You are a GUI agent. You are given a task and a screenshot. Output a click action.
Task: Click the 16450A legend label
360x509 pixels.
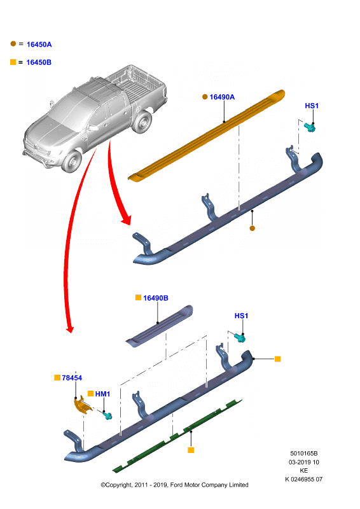(x=39, y=45)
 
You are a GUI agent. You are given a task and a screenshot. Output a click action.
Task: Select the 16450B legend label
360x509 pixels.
(x=39, y=62)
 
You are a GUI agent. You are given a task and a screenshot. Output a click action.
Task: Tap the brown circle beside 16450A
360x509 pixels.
(x=13, y=43)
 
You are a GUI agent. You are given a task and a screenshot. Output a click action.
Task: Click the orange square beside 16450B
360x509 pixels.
(x=13, y=62)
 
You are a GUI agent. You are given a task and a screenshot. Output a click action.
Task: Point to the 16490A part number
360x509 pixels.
(x=222, y=97)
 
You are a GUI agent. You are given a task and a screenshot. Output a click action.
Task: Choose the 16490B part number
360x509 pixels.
(x=155, y=298)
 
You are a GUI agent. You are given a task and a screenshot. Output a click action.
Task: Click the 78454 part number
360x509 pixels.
(x=72, y=378)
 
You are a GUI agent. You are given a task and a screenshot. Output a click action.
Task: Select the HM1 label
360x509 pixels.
(x=102, y=394)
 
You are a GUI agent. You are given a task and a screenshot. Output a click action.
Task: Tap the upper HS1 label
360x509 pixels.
(x=312, y=106)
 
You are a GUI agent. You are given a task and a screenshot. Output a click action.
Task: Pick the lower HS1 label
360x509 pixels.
(x=241, y=316)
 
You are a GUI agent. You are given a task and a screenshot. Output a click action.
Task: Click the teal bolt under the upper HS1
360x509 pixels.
(x=310, y=127)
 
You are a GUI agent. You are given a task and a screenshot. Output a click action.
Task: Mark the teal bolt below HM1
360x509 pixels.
(x=107, y=415)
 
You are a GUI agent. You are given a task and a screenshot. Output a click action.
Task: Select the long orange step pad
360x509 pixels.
(x=207, y=136)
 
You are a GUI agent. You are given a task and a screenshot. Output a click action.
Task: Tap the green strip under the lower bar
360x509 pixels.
(x=177, y=436)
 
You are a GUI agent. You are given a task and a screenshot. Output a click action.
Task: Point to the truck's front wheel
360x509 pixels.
(x=72, y=162)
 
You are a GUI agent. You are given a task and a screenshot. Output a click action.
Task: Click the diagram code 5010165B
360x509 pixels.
(x=304, y=453)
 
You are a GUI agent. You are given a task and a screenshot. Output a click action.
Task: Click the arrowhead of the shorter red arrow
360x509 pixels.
(x=127, y=220)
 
